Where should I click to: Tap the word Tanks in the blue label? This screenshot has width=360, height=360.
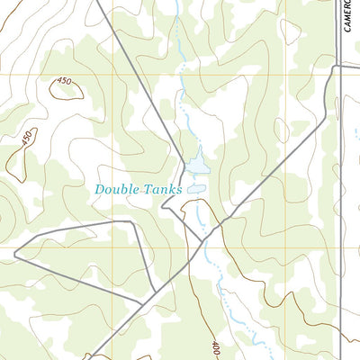(161, 190)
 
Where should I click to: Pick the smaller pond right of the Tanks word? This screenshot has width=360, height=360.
(196, 189)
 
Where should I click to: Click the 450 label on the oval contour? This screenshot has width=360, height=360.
(63, 81)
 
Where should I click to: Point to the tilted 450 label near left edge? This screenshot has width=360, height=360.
(27, 139)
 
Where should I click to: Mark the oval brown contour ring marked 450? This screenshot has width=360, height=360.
(66, 90)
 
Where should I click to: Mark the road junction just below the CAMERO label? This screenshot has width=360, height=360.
(339, 67)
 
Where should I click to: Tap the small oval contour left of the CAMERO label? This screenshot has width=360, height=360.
(289, 32)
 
